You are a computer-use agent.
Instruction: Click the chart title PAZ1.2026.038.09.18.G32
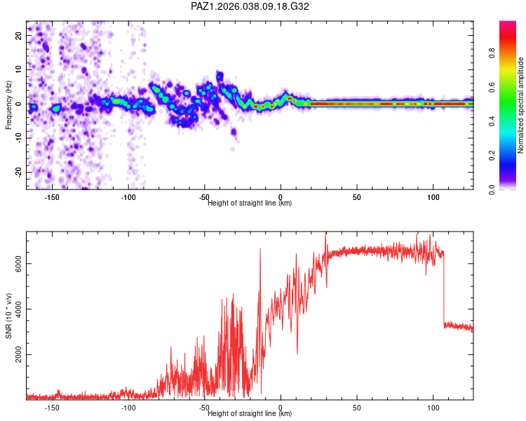[x=250, y=6]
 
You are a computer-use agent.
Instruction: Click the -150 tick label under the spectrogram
[x=52, y=197]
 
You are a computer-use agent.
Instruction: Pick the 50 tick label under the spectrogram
[x=357, y=197]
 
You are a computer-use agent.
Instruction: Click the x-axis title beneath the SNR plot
[x=250, y=414]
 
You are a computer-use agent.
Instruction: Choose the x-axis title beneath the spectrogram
[x=250, y=203]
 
